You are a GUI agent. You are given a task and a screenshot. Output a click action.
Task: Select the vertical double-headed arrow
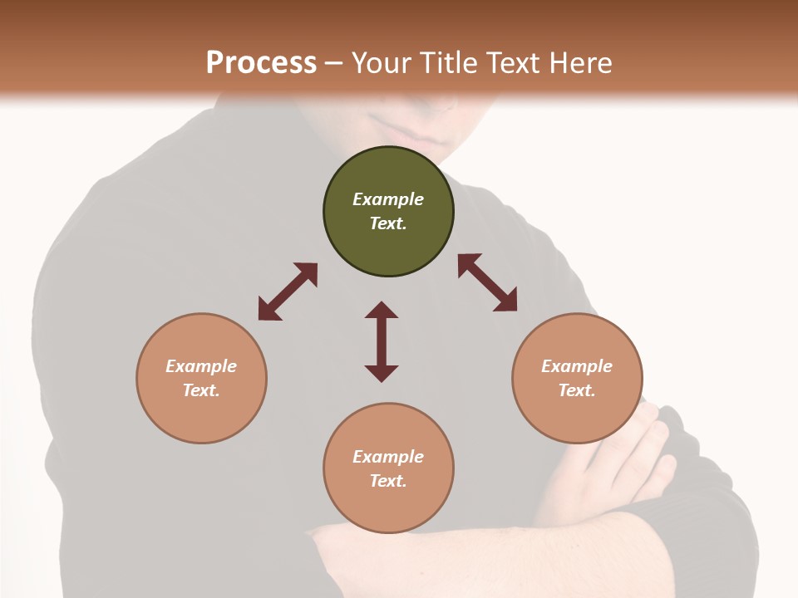point(382,341)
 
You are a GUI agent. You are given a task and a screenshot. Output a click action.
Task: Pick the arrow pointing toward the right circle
point(487,282)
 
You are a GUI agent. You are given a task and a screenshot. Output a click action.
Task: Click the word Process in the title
point(261,62)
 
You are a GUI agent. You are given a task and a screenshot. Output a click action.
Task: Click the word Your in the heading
point(382,62)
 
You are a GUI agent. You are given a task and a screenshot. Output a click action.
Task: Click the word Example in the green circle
point(388,199)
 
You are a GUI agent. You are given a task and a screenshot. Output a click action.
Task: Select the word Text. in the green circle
point(388,223)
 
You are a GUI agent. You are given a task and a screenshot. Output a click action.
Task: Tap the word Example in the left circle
point(201,366)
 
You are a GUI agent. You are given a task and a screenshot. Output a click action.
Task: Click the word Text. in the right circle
point(577,390)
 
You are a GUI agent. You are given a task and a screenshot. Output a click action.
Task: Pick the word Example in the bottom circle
point(388,457)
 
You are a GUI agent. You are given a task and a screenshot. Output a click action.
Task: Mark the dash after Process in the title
point(333,63)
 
